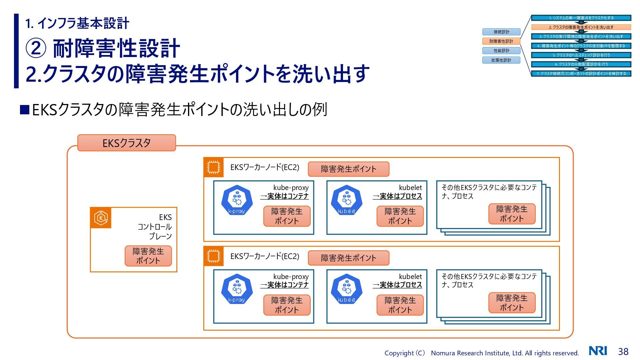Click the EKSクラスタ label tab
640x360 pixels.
[126, 143]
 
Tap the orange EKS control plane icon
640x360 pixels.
[101, 218]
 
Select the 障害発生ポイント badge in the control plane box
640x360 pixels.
[148, 256]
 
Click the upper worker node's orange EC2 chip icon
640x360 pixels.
[213, 167]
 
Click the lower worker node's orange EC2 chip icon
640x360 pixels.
[213, 256]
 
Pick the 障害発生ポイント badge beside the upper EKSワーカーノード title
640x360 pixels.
[348, 169]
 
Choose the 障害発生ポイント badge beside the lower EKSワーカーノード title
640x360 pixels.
[348, 258]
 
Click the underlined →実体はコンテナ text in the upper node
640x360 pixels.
[284, 196]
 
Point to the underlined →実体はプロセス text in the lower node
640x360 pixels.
[397, 285]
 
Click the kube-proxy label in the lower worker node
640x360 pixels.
[291, 277]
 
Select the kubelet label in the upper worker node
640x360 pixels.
[410, 188]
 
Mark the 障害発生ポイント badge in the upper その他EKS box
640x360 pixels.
[512, 214]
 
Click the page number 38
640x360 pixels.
[623, 351]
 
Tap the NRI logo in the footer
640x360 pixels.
[598, 351]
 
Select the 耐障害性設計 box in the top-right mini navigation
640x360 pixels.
[501, 41]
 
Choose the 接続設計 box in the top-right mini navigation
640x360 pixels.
[501, 32]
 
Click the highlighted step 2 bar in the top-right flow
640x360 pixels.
[581, 27]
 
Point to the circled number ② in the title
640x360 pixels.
[36, 49]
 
